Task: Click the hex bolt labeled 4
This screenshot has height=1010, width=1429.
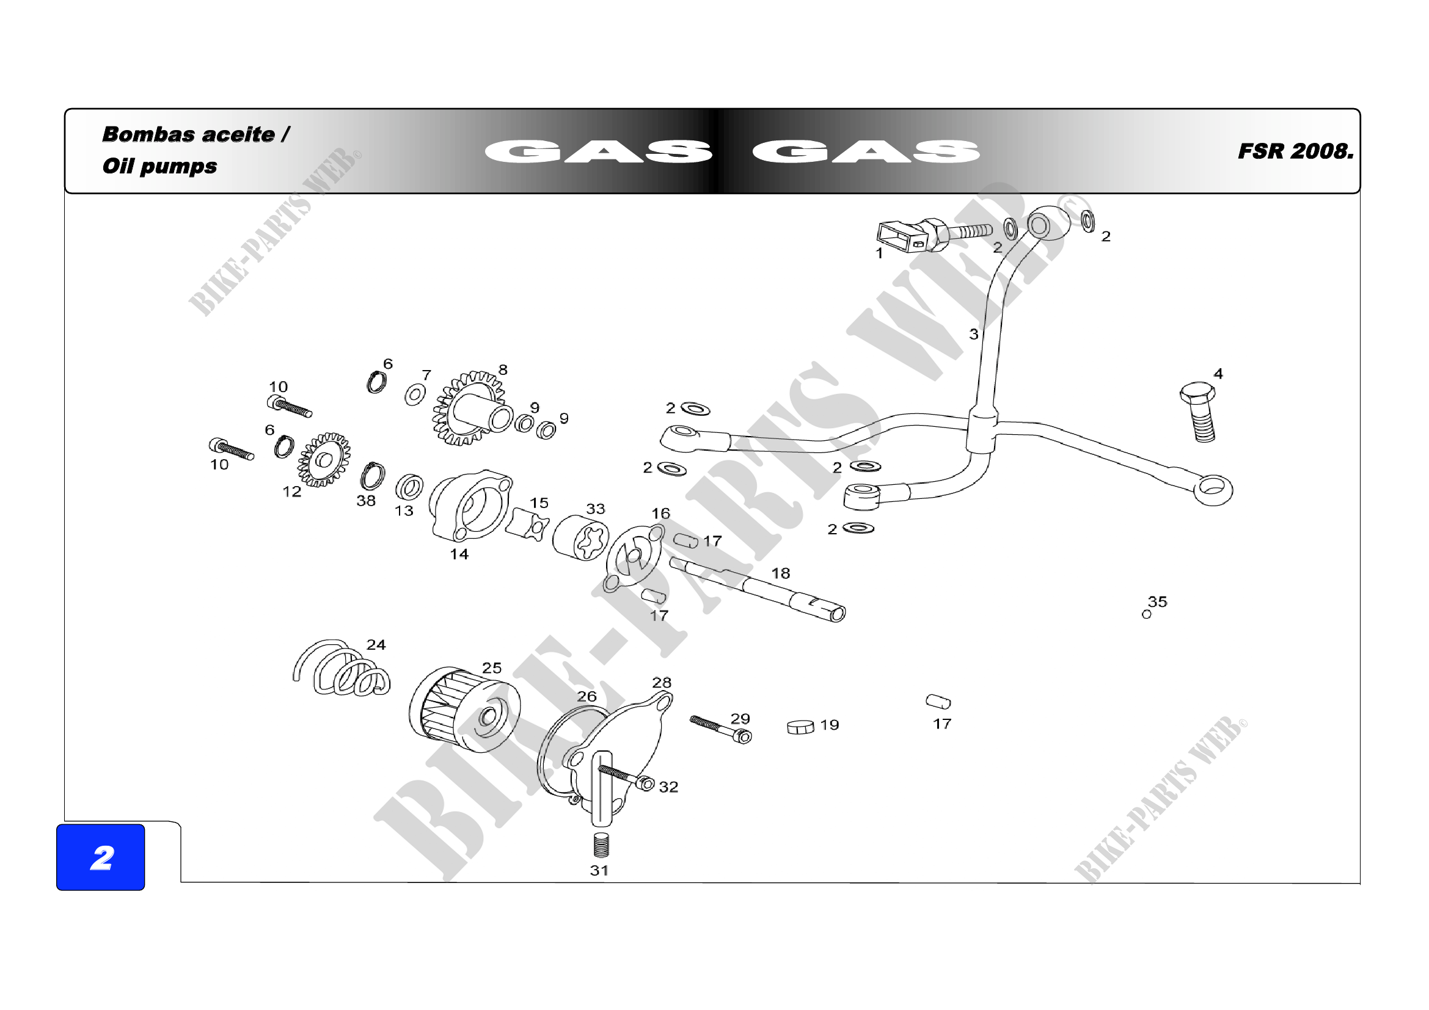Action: pos(1199,411)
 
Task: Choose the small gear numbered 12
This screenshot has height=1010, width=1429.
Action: pos(323,460)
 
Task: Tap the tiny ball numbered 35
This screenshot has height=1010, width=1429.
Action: pos(1146,615)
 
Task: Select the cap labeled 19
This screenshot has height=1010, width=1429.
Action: pos(800,727)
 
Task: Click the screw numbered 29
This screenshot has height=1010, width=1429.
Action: pos(721,729)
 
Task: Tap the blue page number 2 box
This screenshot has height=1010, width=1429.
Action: pos(101,857)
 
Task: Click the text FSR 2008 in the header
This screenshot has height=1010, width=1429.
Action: pos(1295,151)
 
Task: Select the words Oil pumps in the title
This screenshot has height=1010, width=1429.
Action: pos(160,166)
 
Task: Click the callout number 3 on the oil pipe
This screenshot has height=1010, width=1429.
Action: pos(973,335)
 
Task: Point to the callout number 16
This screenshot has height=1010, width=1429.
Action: pos(660,514)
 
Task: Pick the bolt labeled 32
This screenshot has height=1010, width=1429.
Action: pos(627,777)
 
